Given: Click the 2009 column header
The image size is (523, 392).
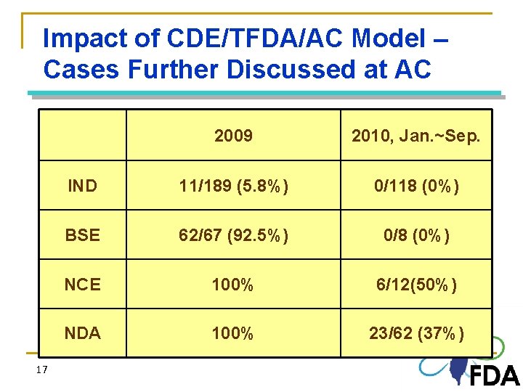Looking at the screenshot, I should coord(233,136).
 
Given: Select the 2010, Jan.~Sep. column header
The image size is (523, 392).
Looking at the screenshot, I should coord(415,136).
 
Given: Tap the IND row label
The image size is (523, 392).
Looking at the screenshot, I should coord(82,186).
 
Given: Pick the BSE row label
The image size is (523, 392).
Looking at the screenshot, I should coord(82,235).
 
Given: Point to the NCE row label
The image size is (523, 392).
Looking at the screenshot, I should coord(82,285).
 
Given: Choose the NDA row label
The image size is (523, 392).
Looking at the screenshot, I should coord(82,333).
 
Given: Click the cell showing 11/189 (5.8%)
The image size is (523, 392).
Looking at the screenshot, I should coord(233,186).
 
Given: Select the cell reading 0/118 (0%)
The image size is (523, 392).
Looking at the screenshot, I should coord(415,186).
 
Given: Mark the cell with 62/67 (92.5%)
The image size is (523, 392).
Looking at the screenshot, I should coord(233,235).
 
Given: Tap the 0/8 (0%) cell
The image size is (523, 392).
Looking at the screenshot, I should coord(415,235).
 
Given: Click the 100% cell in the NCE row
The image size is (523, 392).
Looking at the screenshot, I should coord(233,285).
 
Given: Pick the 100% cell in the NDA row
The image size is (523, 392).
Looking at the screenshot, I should coord(233,333).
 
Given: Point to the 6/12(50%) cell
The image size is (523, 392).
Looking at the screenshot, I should coord(415,285).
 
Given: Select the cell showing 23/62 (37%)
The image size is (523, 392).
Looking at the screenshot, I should coord(415,333).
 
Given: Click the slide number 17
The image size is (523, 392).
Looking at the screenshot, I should coord(41,370).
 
